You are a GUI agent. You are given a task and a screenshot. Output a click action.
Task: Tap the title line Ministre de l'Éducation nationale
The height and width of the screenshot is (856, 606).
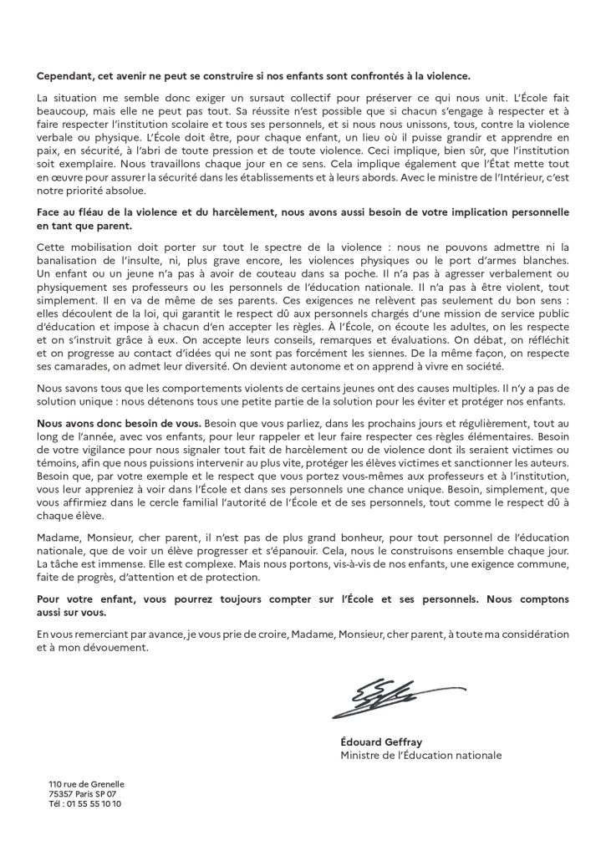tap(421, 755)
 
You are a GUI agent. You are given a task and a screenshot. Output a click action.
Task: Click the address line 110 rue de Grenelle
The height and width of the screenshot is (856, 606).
tap(86, 784)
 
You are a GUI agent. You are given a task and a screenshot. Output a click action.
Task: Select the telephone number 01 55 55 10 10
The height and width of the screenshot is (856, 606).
tap(94, 803)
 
